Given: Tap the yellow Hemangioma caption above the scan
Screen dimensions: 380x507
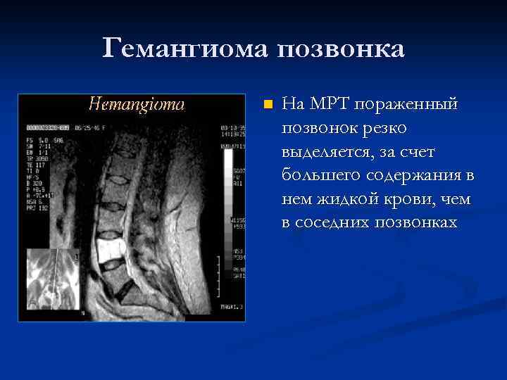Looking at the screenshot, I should (137, 105).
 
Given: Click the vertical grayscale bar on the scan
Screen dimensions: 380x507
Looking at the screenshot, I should (228, 197).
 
